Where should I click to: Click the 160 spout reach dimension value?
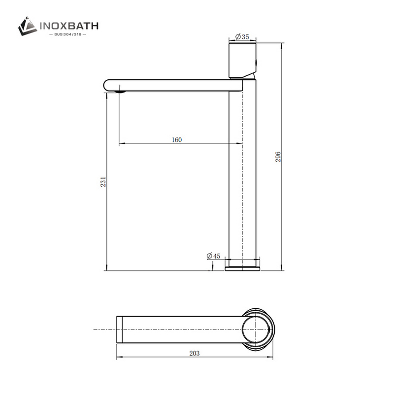tap(177, 139)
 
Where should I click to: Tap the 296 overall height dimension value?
tap(278, 157)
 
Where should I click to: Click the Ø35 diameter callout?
tap(242, 36)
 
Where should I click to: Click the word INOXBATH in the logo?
tap(70, 25)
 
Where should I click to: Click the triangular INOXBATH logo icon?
tap(28, 26)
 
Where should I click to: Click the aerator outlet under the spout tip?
tap(120, 90)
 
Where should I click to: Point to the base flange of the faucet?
tap(244, 267)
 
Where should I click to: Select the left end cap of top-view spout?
tap(119, 329)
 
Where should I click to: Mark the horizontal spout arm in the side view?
tap(172, 85)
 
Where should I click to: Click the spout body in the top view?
tap(182, 329)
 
